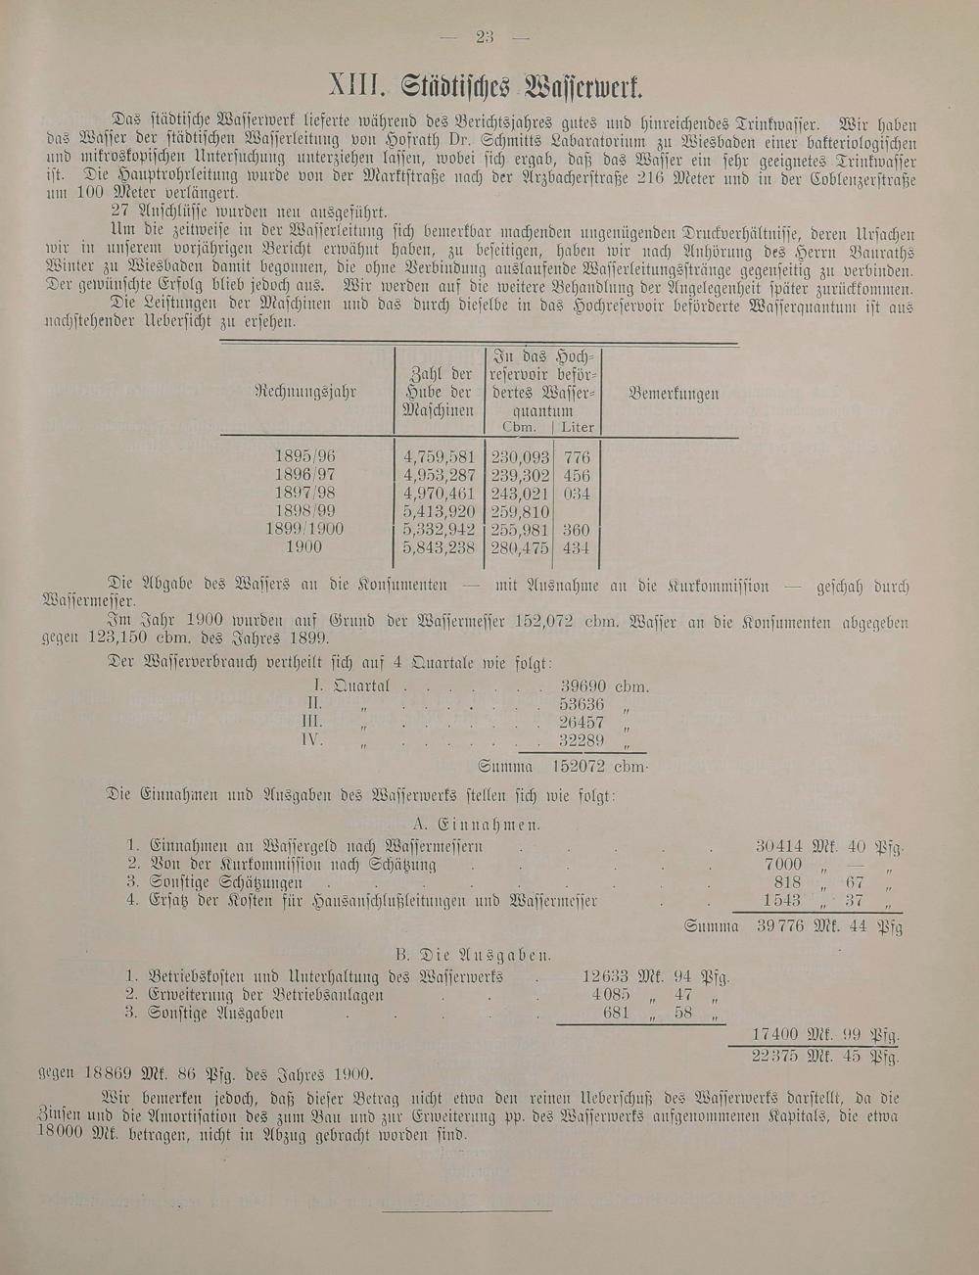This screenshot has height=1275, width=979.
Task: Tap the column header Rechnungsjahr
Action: click(305, 393)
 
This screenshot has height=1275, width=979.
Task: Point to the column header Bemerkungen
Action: click(674, 394)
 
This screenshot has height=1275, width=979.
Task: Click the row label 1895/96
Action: click(305, 456)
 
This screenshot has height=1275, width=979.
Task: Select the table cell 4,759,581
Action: click(439, 456)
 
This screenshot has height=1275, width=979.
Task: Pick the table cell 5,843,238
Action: click(439, 547)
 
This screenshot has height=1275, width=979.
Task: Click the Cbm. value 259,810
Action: click(520, 511)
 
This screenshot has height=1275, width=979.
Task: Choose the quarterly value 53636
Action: click(583, 704)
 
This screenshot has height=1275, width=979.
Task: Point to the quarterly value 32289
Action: click(583, 740)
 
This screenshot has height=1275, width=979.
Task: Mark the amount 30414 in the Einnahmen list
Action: click(779, 846)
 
